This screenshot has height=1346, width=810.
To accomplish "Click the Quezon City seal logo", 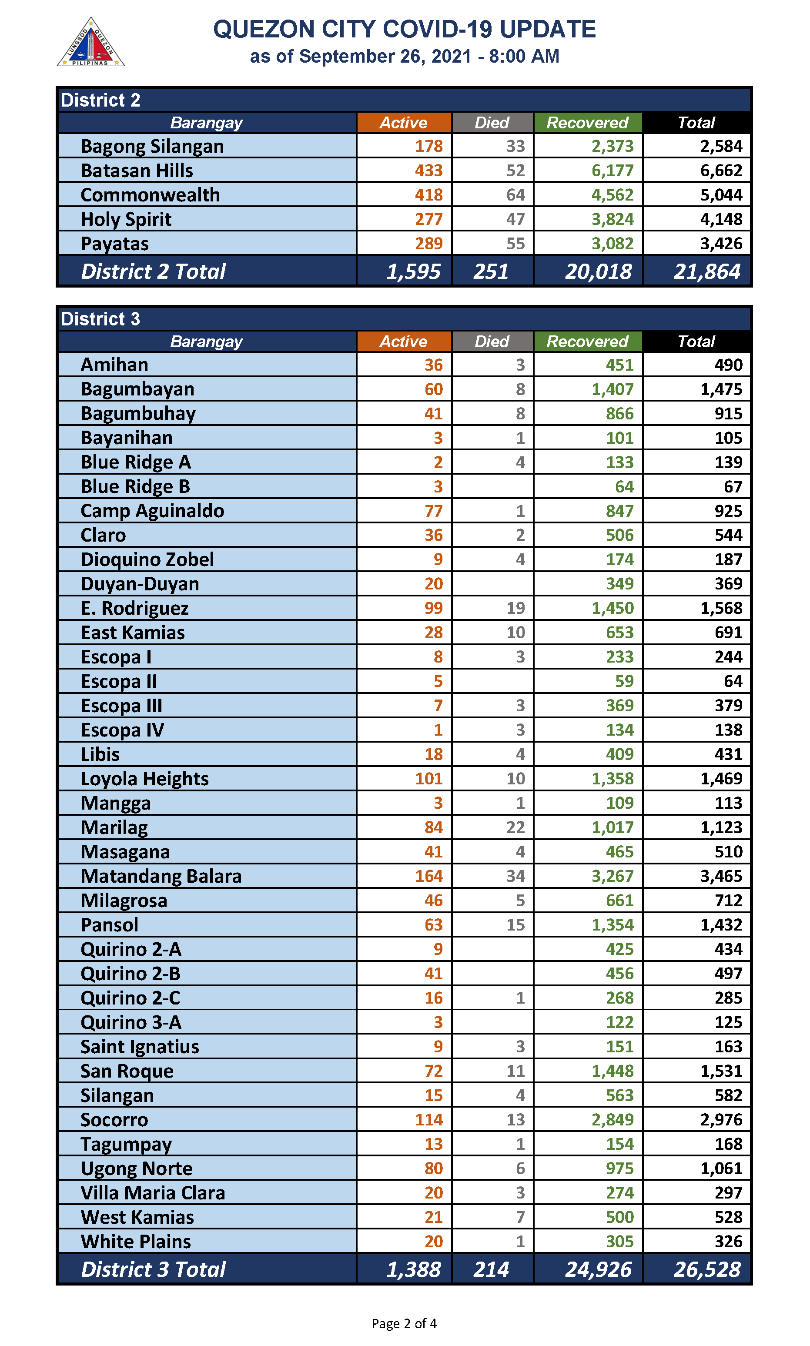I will click(90, 43).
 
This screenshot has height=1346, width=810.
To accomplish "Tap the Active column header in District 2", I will click(403, 123).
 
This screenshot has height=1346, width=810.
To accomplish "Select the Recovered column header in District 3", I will click(587, 342).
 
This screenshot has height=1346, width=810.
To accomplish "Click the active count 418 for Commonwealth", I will click(428, 195).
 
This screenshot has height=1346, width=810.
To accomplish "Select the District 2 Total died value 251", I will click(491, 271).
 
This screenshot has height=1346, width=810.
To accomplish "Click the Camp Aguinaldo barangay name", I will click(152, 511).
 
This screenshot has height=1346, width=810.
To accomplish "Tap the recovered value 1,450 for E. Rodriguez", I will click(613, 608).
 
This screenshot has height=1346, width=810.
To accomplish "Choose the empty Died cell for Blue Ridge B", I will click(492, 486).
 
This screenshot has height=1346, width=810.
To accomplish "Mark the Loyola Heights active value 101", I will click(428, 778).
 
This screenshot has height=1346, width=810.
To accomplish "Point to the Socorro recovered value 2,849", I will click(613, 1119).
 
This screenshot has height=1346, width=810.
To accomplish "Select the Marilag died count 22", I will click(515, 827).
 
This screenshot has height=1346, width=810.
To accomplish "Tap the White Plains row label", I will click(136, 1241).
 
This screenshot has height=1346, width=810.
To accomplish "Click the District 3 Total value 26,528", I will click(707, 1269).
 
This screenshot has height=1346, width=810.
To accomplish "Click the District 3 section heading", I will click(100, 319).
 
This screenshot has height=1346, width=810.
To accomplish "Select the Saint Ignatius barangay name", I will click(140, 1046).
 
